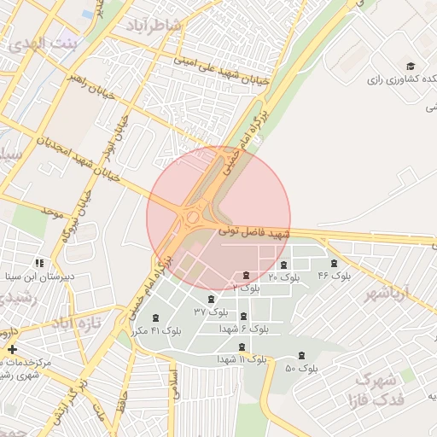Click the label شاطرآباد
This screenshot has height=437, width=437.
(154, 25)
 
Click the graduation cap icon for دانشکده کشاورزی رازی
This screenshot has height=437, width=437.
(411, 67)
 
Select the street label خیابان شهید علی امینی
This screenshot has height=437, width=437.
(221, 72)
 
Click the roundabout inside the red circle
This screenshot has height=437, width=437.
(194, 218)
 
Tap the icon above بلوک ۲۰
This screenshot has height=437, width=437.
(283, 265)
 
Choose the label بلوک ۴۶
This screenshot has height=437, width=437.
(334, 276)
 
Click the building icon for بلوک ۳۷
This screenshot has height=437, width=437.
(211, 299)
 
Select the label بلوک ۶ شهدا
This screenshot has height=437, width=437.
(243, 328)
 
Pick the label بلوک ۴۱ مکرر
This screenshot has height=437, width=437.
(154, 330)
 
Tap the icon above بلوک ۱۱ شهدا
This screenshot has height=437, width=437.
(242, 347)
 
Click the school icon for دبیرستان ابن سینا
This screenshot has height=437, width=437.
(38, 263)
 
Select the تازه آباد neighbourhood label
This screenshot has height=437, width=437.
(76, 323)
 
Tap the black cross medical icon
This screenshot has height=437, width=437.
(12, 349)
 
